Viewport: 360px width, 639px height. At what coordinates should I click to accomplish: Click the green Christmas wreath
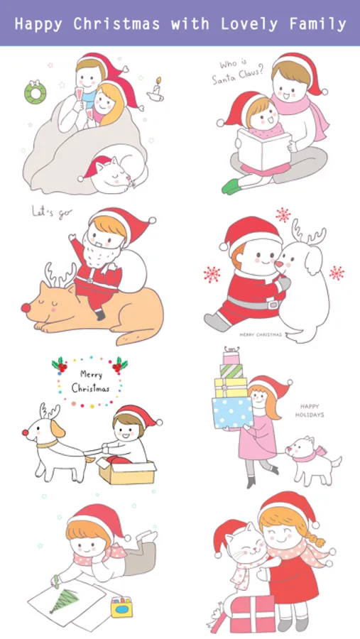tap(35, 93)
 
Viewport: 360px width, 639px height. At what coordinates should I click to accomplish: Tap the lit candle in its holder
tap(156, 89)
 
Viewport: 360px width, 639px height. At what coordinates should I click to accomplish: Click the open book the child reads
tap(263, 150)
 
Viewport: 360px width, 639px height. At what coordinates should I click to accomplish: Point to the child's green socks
tap(231, 186)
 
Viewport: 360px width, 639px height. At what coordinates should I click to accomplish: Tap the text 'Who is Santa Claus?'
tap(237, 72)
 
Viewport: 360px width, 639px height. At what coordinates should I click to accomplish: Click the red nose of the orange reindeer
tap(26, 307)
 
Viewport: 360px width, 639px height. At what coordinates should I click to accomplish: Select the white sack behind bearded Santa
tap(133, 271)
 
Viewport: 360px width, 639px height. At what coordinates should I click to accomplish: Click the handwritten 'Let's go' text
tap(52, 212)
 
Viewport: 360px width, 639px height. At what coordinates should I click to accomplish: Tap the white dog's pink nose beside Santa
tap(279, 265)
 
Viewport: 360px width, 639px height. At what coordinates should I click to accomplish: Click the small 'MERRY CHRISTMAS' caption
tap(261, 334)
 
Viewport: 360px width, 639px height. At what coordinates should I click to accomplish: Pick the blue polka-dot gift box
tap(232, 412)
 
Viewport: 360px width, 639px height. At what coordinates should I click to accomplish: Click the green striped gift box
tap(231, 371)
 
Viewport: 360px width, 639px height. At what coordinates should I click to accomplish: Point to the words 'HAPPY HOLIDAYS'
tap(310, 411)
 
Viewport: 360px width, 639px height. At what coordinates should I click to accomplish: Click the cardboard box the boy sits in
tap(126, 471)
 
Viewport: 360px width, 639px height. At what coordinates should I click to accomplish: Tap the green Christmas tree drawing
tap(65, 600)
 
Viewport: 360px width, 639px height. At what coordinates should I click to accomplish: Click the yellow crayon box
tap(121, 606)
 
